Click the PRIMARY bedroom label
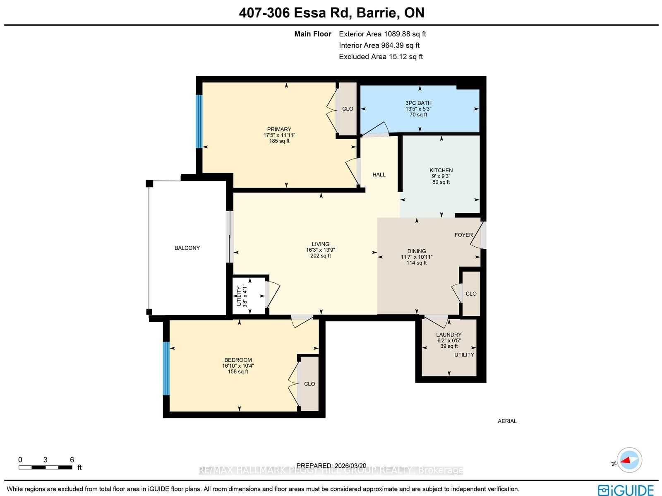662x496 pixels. coord(279,129)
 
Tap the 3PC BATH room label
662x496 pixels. coord(418,103)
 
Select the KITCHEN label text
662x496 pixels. coord(441,170)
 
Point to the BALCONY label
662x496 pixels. coord(187,248)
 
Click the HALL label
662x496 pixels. coord(379,175)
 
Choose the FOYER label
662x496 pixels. coord(463,235)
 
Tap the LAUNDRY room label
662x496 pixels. coord(449,335)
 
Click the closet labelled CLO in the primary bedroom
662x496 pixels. coord(348,109)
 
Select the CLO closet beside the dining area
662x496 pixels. coord(471,294)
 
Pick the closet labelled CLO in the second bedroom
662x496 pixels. coord(309,384)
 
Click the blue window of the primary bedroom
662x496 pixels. coord(199,121)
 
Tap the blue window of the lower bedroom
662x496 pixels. coord(166,368)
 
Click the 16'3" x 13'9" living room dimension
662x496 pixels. coord(320,250)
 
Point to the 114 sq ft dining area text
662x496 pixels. coord(416,262)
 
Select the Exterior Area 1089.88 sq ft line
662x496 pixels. coord(382,34)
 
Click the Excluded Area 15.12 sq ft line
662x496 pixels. coord(380,57)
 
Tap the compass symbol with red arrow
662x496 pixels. coord(629,460)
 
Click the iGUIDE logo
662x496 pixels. coord(626,490)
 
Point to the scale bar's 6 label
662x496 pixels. coord(72,460)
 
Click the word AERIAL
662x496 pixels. coord(507,421)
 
